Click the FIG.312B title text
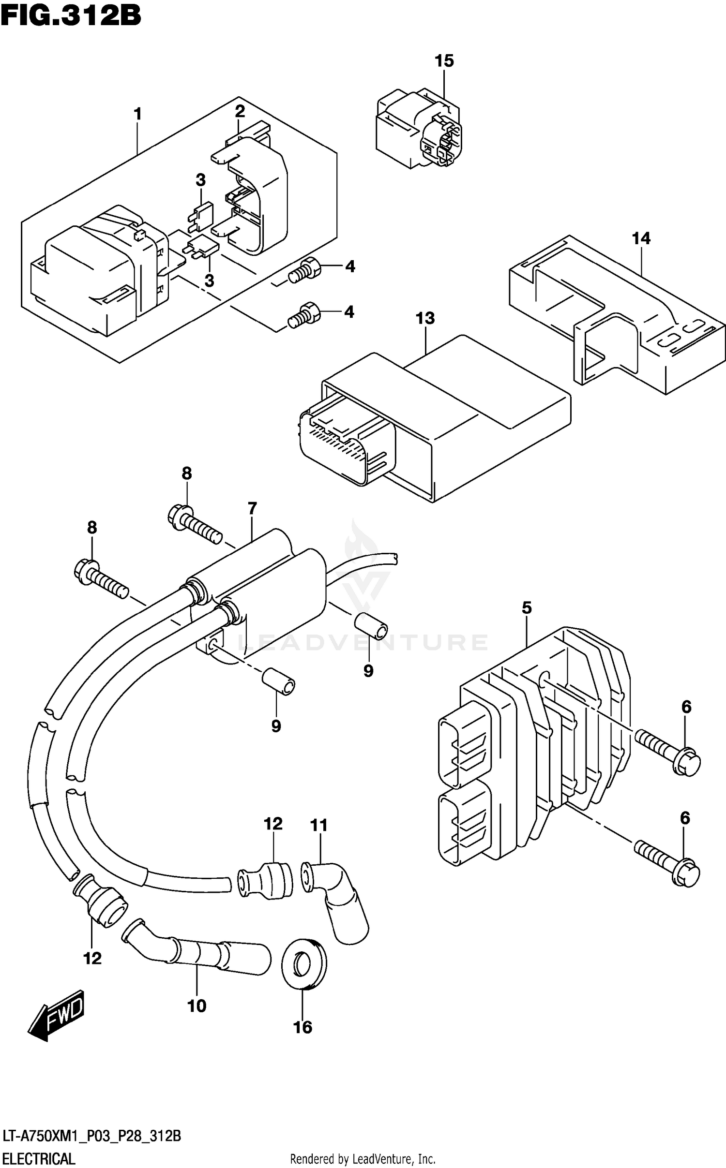71,15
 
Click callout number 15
444,61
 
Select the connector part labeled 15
419,128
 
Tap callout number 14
641,238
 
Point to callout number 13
425,318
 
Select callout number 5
527,608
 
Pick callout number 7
252,509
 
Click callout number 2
240,112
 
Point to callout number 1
138,115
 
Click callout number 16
303,1027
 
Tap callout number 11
318,825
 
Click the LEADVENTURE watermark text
363,642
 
